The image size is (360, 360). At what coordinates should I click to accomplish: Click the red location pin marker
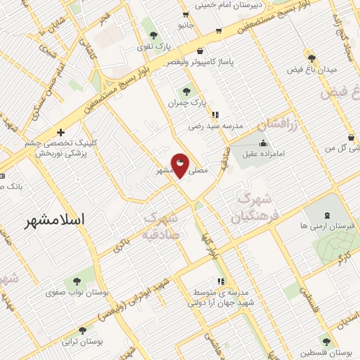180,165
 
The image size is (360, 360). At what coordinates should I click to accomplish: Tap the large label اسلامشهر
53,219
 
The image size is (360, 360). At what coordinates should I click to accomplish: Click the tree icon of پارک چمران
186,91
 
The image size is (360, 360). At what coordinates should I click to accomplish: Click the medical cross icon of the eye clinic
61,132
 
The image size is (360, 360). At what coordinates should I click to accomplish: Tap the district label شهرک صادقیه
163,226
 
